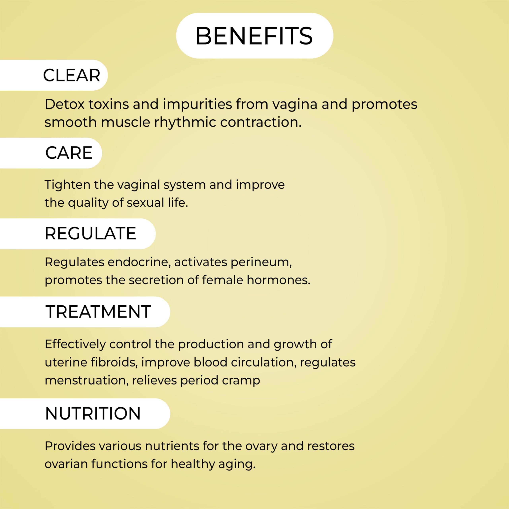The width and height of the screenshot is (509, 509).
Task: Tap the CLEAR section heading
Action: point(72,75)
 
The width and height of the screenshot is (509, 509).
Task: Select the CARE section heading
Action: point(69,153)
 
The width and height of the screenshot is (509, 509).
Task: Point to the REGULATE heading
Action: point(90,233)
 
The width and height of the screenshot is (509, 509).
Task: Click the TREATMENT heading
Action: point(98,312)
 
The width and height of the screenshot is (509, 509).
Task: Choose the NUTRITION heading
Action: point(93,413)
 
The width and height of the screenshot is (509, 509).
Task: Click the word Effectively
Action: point(75,344)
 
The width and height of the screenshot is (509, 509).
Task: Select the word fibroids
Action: point(114,362)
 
